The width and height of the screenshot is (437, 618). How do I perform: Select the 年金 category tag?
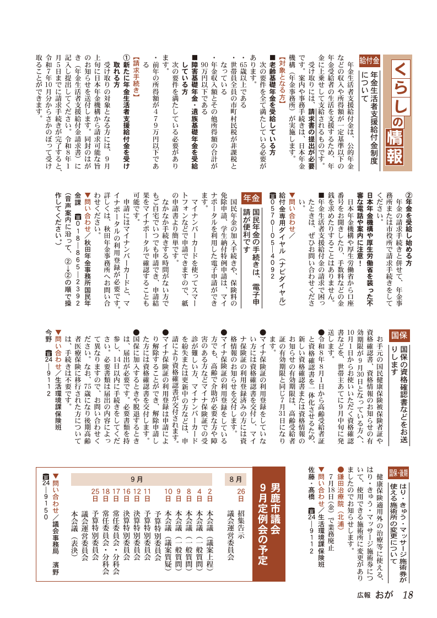pyautogui.click(x=252, y=197)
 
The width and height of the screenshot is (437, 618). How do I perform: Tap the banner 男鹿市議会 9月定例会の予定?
pyautogui.click(x=270, y=516)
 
